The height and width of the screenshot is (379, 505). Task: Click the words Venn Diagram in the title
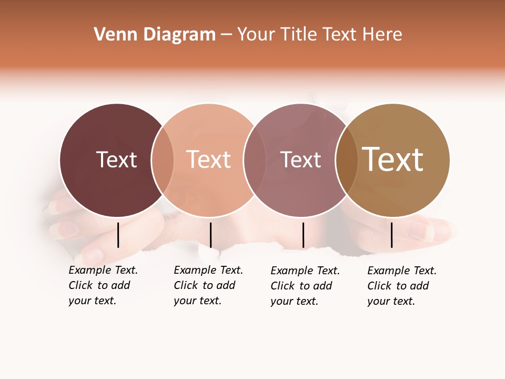155,35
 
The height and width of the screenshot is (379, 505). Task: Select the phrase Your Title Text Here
319,35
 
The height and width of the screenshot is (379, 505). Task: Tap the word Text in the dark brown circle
116,159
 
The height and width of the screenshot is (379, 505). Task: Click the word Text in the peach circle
208,159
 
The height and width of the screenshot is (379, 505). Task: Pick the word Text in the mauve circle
300,159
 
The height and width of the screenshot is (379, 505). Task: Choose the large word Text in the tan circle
393,159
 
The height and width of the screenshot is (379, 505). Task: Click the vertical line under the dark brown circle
118,235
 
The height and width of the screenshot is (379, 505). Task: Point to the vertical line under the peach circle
210,235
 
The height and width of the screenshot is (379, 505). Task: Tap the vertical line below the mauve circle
303,235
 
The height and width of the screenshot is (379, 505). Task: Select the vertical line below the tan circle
392,235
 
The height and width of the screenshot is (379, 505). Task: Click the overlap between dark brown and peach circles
163,159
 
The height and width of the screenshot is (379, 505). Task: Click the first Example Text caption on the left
103,285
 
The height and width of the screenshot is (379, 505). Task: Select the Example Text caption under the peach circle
208,285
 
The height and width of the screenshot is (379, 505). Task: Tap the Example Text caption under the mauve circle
305,286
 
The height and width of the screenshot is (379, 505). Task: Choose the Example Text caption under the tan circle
401,286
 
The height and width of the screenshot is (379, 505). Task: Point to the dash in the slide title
226,35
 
